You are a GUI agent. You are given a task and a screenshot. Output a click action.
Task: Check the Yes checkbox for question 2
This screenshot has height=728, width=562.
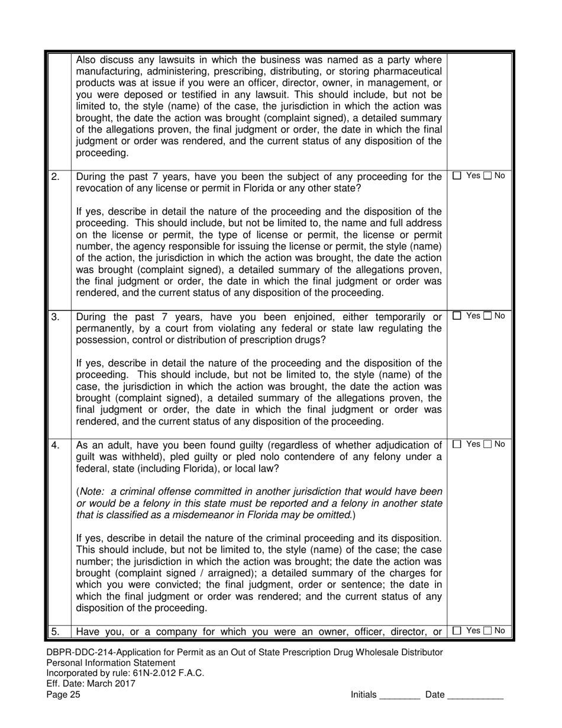[457, 176]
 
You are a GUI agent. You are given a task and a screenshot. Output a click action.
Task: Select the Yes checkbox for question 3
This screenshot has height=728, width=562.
[457, 316]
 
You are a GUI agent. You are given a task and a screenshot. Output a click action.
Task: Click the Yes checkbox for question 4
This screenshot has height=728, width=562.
[457, 444]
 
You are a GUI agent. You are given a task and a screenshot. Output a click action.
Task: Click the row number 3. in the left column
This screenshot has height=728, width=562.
[55, 317]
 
